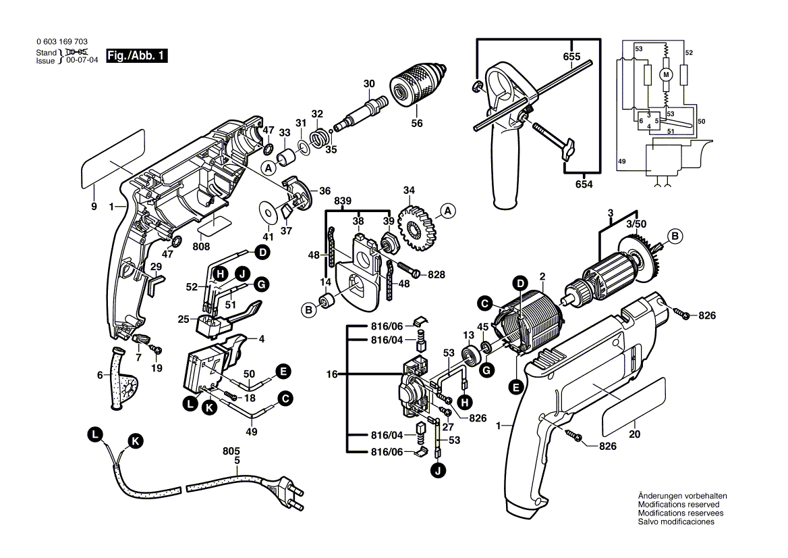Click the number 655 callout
pos(572,57)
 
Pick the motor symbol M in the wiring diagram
pos(667,74)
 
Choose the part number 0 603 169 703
pos(61,42)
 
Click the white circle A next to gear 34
pos(447,212)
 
